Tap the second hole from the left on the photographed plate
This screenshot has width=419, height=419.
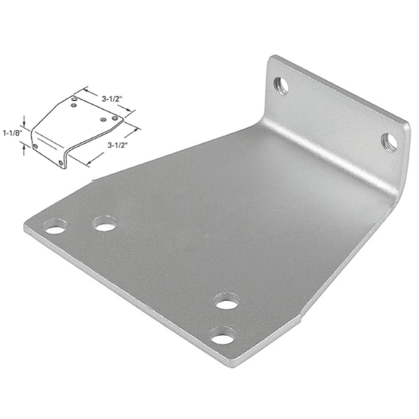[105, 223]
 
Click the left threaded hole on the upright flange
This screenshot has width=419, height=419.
[281, 86]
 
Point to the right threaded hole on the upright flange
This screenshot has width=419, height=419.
[389, 142]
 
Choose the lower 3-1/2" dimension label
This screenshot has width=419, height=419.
[121, 145]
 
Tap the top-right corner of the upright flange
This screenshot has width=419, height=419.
[407, 126]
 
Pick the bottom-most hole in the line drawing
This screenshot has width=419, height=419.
[61, 163]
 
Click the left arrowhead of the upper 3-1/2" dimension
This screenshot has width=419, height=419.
[85, 89]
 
